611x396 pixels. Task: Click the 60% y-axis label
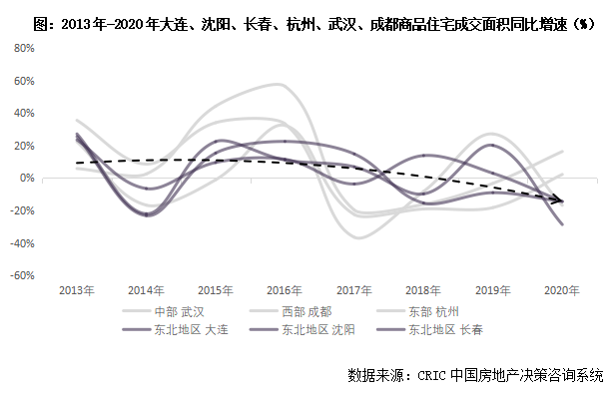point(24,81)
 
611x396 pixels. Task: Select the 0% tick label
point(27,178)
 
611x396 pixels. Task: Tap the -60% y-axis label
point(22,275)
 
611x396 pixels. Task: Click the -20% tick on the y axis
point(22,210)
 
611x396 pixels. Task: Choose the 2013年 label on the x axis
point(77,290)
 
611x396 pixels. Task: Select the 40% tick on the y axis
point(24,114)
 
